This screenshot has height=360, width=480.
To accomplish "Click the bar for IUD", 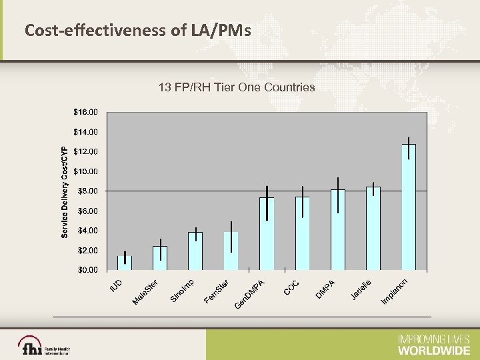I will [x=125, y=263].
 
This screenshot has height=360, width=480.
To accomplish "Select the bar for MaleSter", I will [x=160, y=259].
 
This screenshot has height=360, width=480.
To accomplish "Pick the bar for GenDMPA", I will [x=267, y=233].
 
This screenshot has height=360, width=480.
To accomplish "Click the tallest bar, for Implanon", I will [x=409, y=207].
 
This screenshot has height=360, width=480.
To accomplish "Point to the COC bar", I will [x=303, y=233].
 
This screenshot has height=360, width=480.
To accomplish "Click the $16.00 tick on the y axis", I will [x=85, y=111].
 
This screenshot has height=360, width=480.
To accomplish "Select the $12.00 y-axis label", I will [x=85, y=151].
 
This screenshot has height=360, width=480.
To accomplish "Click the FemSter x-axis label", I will [x=217, y=289].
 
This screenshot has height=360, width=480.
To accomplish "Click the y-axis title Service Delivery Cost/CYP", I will [x=65, y=192].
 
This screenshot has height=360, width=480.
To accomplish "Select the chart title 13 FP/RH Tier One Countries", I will [x=236, y=87].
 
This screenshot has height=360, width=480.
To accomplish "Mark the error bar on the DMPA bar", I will [x=338, y=195].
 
